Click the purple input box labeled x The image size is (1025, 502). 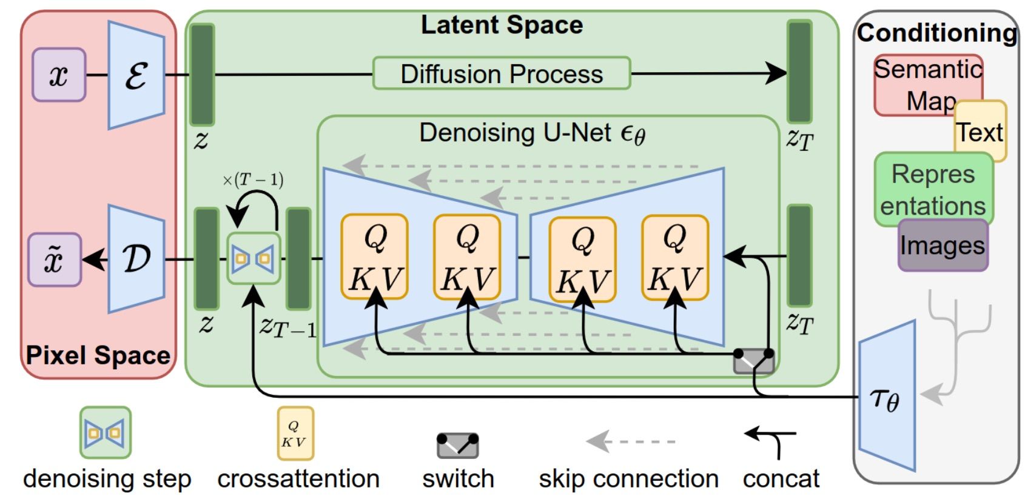[59, 75]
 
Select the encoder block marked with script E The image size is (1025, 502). [136, 75]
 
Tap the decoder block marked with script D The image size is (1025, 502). [136, 259]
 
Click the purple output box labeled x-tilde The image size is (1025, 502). [55, 259]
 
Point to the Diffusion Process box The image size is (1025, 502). [502, 74]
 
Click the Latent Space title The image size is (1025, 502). [502, 25]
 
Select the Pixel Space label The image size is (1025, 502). [98, 355]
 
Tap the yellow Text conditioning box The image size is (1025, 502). [980, 132]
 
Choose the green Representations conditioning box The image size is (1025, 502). [933, 189]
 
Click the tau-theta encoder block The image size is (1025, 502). [886, 398]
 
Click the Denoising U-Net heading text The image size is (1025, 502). [532, 133]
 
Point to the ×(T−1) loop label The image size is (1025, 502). [253, 180]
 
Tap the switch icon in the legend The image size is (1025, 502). [458, 445]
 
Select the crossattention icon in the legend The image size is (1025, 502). [295, 433]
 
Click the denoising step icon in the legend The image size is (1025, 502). [106, 432]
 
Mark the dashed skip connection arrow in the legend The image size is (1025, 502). [631, 441]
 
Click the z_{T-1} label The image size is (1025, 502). [287, 327]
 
